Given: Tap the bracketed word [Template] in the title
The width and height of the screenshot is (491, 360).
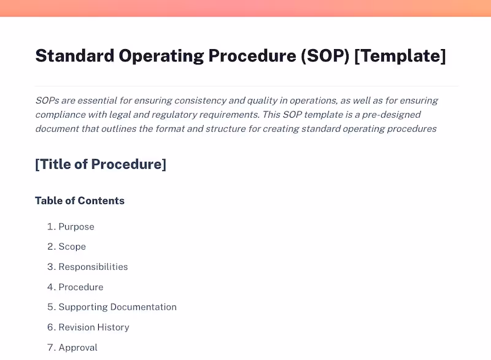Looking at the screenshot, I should point(400,56).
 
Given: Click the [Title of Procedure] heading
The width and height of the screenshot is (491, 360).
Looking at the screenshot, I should point(101,164).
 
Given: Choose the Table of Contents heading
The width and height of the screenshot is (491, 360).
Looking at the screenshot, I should point(80,201).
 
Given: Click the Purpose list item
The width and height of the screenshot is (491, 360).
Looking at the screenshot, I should point(76,227).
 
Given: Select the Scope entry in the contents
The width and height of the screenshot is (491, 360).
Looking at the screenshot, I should point(72,247).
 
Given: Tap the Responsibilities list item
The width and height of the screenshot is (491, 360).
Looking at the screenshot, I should point(93,267).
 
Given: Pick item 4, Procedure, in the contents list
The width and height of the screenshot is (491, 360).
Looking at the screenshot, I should point(80,287).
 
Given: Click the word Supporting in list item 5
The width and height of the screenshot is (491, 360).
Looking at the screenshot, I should point(83,307).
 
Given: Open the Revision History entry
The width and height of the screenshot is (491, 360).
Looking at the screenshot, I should point(93,327).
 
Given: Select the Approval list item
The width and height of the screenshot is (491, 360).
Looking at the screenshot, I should point(78,348).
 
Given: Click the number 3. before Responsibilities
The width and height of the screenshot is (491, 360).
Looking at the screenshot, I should point(51,267).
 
